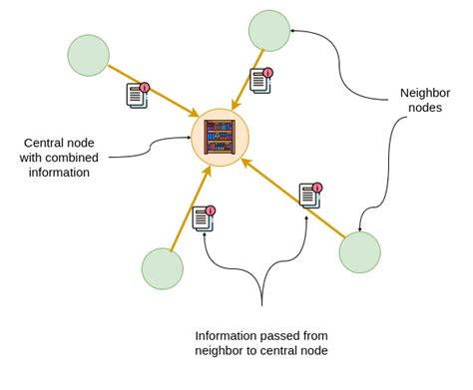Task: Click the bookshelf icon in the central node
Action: pyautogui.click(x=220, y=138)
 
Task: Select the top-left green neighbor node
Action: pyautogui.click(x=88, y=55)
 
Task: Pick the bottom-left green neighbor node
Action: pyautogui.click(x=163, y=268)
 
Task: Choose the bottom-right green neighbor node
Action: pyautogui.click(x=359, y=251)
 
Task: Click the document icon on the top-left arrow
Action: pyautogui.click(x=137, y=96)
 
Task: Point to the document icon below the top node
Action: pyautogui.click(x=260, y=80)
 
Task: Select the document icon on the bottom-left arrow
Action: pyautogui.click(x=204, y=217)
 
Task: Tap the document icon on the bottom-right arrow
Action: pyautogui.click(x=310, y=195)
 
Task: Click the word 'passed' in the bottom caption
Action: pyautogui.click(x=285, y=335)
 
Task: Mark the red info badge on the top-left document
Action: pyautogui.click(x=145, y=88)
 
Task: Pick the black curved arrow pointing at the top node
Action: pyautogui.click(x=339, y=60)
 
